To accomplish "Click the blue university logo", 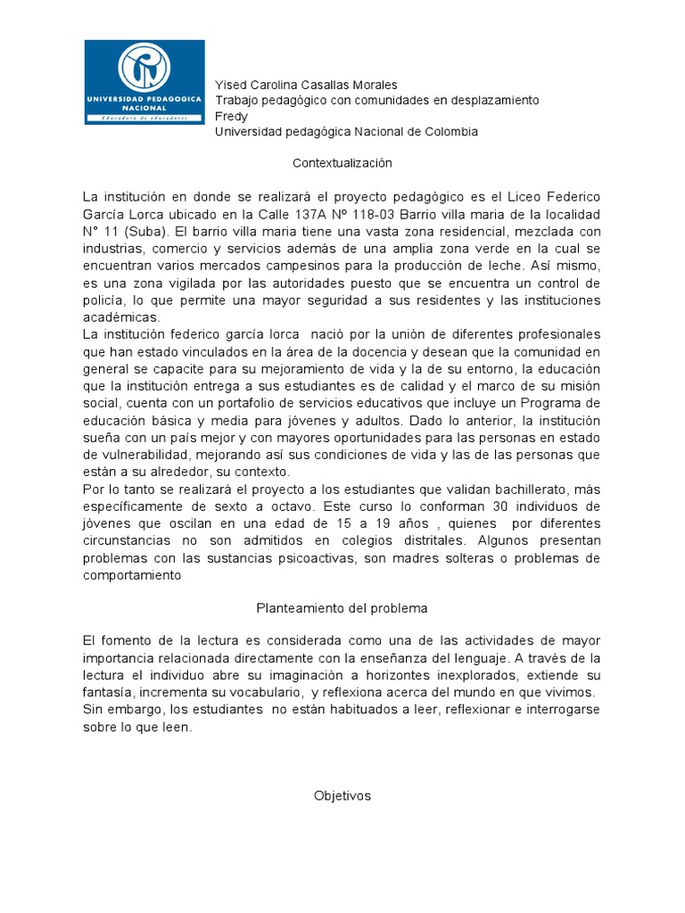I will tap(144, 82).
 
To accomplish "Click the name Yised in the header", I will tap(231, 85).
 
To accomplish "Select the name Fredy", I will tap(232, 116).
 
